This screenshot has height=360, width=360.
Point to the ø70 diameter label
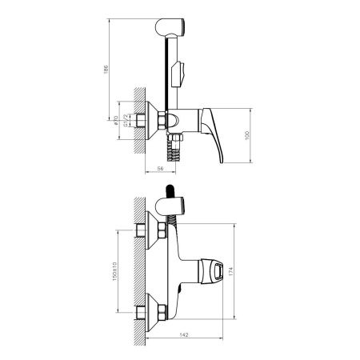click(117, 120)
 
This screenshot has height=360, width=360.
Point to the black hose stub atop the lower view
click(169, 191)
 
